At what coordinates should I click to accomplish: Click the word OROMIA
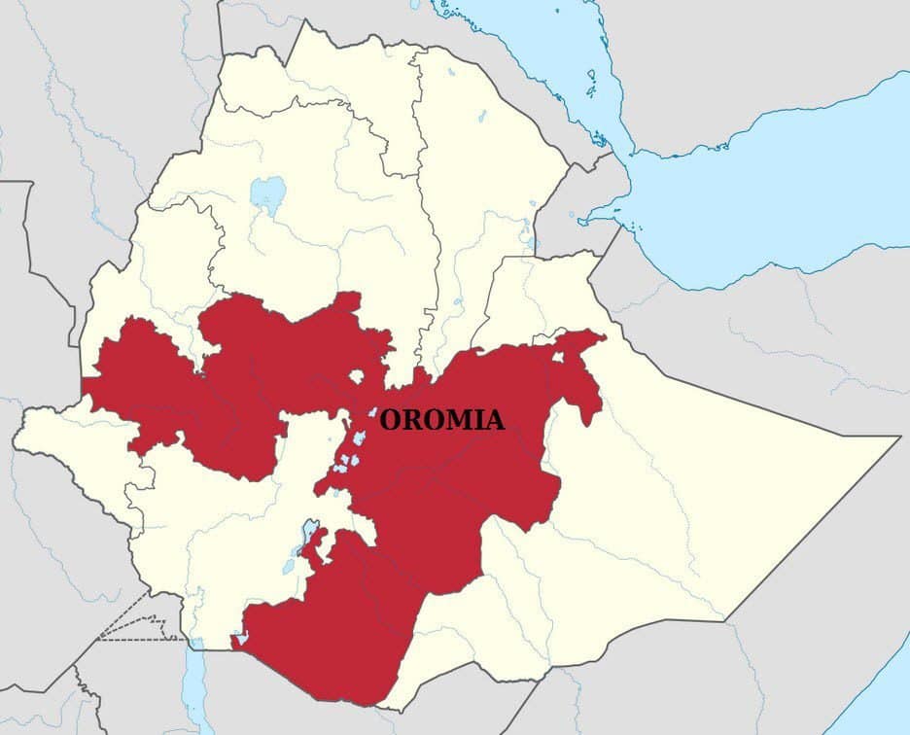pos(441,420)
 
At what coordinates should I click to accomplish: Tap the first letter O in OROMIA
pos(390,420)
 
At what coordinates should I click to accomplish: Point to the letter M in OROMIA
pos(457,420)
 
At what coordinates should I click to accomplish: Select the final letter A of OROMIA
pos(495,420)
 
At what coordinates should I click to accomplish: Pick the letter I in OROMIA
pos(477,420)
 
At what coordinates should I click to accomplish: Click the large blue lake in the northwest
pos(267,192)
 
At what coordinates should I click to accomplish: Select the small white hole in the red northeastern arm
pos(557,357)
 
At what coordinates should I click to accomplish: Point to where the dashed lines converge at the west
pos(98,639)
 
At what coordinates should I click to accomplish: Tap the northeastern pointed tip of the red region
pos(601,335)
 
